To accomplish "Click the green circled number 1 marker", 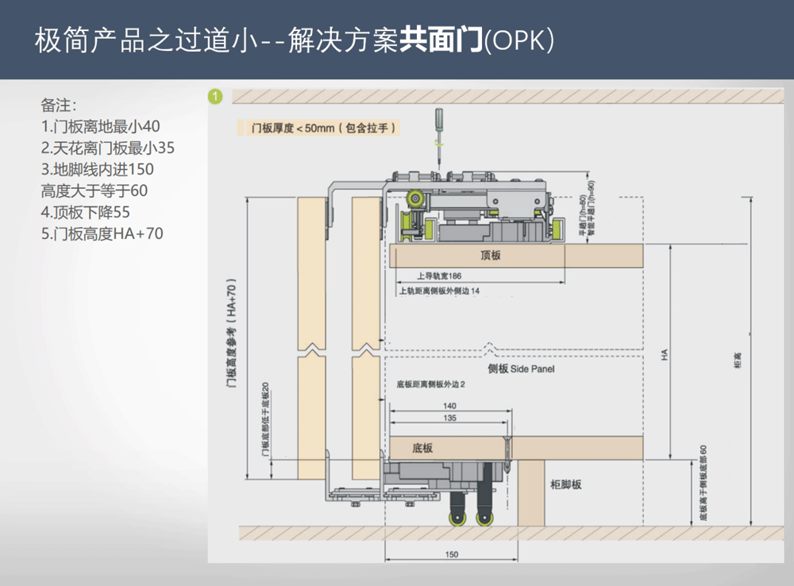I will tap(215, 97).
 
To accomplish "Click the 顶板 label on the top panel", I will tap(491, 256).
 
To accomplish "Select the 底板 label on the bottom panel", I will tap(422, 448).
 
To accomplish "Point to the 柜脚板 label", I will tap(565, 484).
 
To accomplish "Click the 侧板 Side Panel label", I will tap(521, 369).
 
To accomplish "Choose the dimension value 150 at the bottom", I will tap(451, 554).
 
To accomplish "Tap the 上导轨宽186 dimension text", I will tap(438, 277).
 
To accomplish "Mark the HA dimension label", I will tap(665, 357).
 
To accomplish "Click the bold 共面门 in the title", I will tap(441, 41).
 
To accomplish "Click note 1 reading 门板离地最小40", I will tap(101, 126).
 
